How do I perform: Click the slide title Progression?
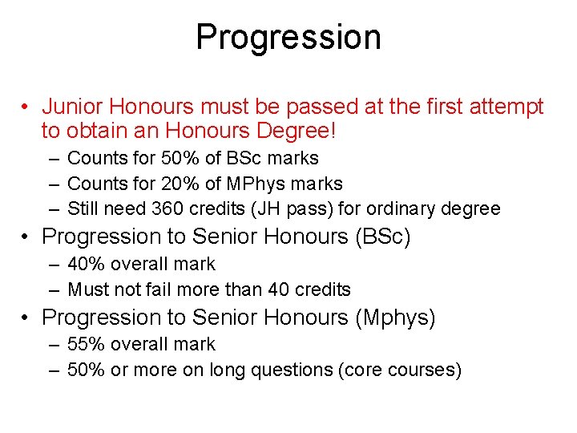tap(288, 38)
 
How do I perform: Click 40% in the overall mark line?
tap(85, 264)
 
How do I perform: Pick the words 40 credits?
tap(308, 289)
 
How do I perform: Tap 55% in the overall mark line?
tap(85, 344)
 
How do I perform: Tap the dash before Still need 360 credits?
tap(53, 209)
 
